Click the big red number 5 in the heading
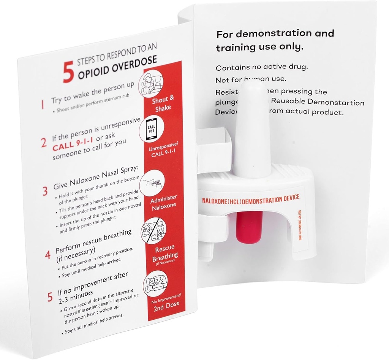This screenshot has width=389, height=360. tap(68, 72)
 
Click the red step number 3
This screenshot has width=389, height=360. tap(45, 191)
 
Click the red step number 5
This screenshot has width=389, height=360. tap(50, 295)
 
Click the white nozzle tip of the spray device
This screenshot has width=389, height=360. tap(252, 91)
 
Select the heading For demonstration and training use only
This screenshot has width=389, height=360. tap(274, 40)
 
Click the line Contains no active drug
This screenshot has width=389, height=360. tap(261, 67)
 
